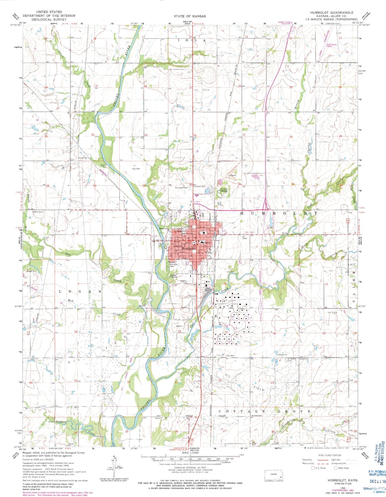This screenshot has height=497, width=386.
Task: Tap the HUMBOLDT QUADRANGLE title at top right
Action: pyautogui.click(x=332, y=13)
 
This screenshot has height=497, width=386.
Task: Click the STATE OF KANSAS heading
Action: pyautogui.click(x=190, y=16)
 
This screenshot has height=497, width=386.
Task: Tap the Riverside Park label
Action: pyautogui.click(x=175, y=265)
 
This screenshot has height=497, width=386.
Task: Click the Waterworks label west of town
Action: pyautogui.click(x=163, y=229)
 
